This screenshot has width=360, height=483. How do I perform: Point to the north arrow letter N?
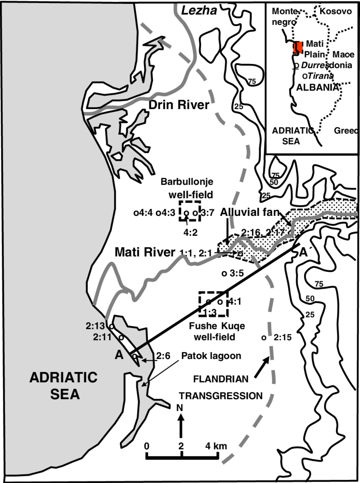[x=181, y=408]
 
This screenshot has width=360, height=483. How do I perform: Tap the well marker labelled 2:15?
[x=263, y=338]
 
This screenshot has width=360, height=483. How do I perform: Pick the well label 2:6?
[x=163, y=356]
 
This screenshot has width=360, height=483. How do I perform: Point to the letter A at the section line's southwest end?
[x=119, y=356]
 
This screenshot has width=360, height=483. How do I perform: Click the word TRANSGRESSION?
[x=221, y=396]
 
